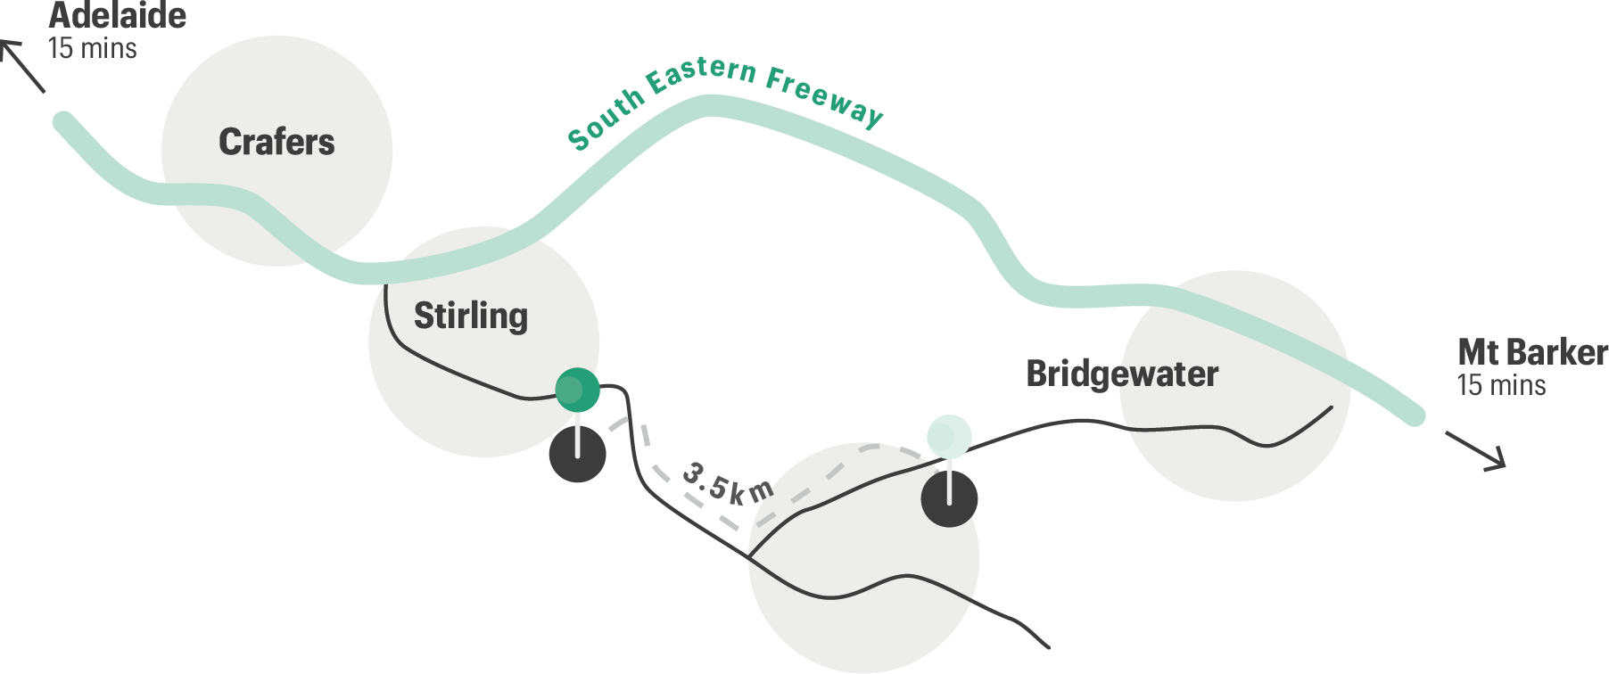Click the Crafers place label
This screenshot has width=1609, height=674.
[x=276, y=143]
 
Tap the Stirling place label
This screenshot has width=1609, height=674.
[x=470, y=316]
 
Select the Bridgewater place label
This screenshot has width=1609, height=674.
[x=1121, y=374]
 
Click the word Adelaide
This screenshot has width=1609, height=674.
[x=118, y=16]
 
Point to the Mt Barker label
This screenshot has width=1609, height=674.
[x=1531, y=353]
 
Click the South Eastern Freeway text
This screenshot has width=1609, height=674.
[x=724, y=98]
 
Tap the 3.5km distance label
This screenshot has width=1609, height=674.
[x=727, y=482]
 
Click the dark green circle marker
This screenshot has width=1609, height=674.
[x=577, y=390]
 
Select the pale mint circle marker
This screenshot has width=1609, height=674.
[x=949, y=436]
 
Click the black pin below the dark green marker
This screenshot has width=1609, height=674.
[x=577, y=455]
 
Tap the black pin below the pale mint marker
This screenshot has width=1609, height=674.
[x=949, y=498]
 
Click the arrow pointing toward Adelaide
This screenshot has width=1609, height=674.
[x=21, y=64]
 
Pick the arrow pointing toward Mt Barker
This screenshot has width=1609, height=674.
[x=1477, y=451]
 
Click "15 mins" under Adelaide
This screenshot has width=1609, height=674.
[x=92, y=48]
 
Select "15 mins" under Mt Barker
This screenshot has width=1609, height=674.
[x=1501, y=385]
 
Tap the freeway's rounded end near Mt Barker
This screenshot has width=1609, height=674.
[x=1414, y=415]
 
